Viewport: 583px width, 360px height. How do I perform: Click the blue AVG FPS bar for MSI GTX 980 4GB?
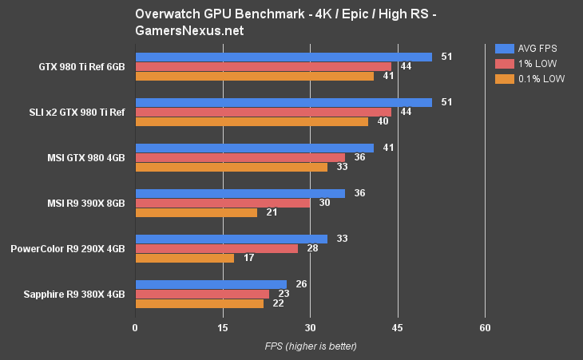click(254, 148)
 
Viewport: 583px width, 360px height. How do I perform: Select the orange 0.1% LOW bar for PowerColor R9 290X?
click(184, 258)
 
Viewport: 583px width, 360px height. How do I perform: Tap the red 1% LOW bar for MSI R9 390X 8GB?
click(223, 203)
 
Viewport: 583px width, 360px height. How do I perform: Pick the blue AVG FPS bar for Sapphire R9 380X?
click(211, 284)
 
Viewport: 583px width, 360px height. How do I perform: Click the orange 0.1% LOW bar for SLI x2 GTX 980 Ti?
click(252, 121)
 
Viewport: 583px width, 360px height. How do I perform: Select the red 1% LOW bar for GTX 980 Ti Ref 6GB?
click(264, 66)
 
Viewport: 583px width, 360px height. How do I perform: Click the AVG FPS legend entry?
click(526, 48)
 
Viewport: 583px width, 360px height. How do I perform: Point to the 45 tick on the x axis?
click(398, 328)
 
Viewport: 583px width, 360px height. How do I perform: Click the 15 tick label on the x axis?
click(223, 328)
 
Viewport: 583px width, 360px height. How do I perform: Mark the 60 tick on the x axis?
click(485, 328)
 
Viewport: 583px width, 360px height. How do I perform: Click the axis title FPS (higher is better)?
click(310, 346)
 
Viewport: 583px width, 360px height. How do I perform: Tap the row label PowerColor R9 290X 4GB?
click(68, 248)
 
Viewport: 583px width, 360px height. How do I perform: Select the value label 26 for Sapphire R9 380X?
click(302, 284)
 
